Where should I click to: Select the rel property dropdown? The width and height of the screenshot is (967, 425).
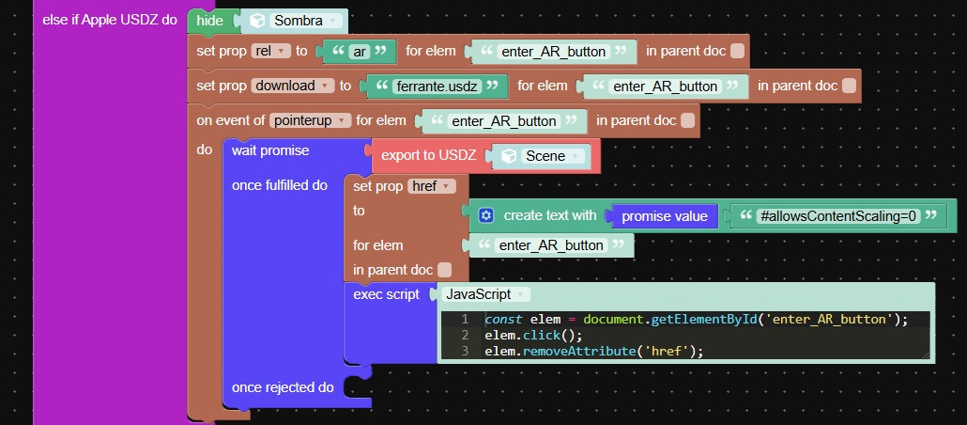coord(270,52)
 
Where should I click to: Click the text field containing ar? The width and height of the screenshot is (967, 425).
coord(359,52)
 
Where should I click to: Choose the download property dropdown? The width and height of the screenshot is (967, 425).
coord(293,86)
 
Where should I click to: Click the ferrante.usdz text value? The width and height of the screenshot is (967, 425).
coord(437,87)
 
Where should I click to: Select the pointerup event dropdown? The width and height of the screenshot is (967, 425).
coord(310,120)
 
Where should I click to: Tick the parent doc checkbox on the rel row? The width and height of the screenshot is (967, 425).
coord(737,52)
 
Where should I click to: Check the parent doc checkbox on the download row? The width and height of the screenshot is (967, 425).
coord(850,86)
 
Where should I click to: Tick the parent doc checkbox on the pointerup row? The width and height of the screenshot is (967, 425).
coord(687,120)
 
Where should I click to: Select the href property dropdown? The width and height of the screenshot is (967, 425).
coord(432,186)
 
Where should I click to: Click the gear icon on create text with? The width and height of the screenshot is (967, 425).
coord(486,215)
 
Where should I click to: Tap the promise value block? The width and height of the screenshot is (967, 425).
coord(664,216)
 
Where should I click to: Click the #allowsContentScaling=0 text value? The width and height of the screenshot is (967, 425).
coord(840,215)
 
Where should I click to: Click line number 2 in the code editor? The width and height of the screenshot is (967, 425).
coord(465,336)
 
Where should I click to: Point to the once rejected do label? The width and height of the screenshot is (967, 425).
coord(283,387)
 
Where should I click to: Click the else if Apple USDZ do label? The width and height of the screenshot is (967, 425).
coord(109,20)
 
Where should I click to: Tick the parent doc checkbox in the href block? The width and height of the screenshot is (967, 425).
coord(444,270)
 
